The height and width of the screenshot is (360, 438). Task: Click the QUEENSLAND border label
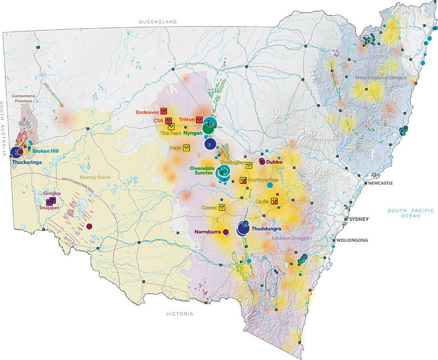coord(158,21)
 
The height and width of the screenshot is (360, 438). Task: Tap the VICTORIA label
coord(179,314)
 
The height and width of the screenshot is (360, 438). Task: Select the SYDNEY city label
coord(358,219)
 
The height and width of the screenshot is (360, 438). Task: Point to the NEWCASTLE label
coord(378,183)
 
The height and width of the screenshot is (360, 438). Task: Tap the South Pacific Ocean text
coord(410,213)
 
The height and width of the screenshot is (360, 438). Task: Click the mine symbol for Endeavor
coord(163,112)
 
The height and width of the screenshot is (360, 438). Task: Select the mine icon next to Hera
coord(186,148)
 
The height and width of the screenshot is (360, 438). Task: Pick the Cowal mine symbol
coord(222,207)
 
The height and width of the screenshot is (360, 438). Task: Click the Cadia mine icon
coord(275,201)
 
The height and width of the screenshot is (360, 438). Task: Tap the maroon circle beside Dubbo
coord(262,162)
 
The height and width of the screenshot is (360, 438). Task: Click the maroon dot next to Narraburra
coord(226,232)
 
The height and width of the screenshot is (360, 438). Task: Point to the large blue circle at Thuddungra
coord(243,229)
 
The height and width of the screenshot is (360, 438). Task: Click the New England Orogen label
coord(381,78)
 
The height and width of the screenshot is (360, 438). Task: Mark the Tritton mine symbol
coord(199,119)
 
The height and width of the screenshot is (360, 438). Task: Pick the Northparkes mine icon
coord(243,180)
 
